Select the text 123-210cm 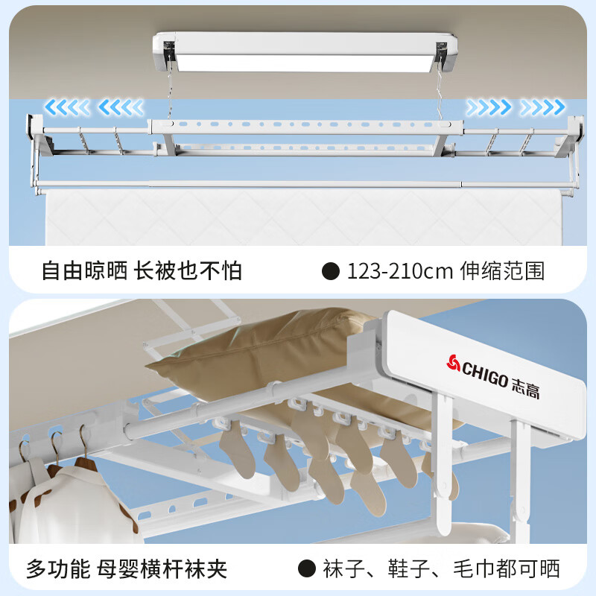coord(400,270)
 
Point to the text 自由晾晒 coord(83,270)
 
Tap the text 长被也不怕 coord(188,270)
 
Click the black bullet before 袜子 coord(307,569)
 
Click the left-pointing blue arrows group coord(95,108)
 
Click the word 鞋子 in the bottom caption coord(407,569)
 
